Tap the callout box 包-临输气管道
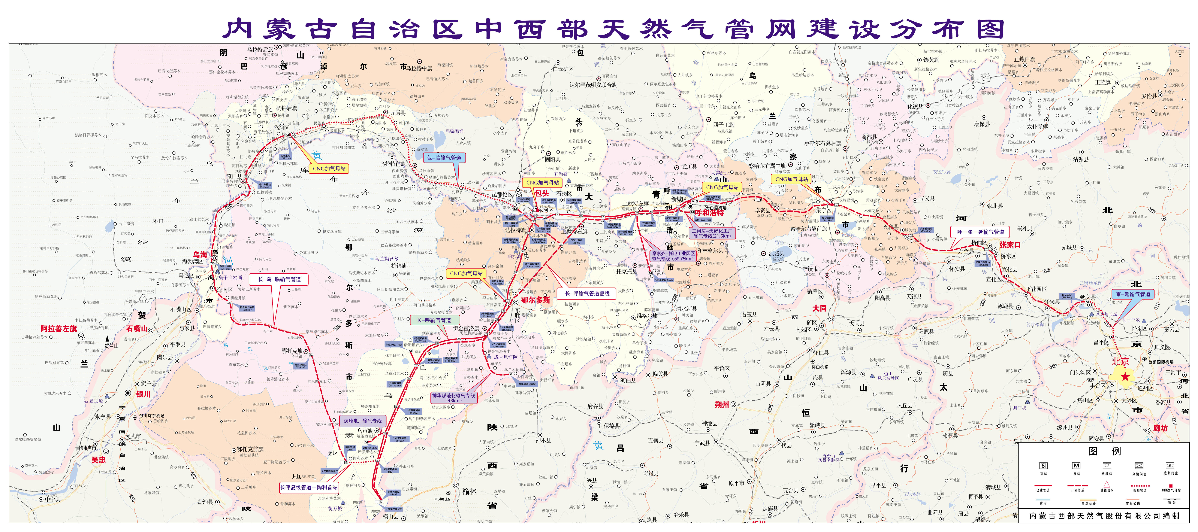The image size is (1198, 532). click(x=444, y=158)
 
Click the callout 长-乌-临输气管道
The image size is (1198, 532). click(x=279, y=279)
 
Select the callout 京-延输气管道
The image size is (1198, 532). click(x=1133, y=294)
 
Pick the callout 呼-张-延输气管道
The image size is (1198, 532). click(x=980, y=232)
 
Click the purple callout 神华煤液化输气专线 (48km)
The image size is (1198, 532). click(x=453, y=397)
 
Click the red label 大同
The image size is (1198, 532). click(x=819, y=308)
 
